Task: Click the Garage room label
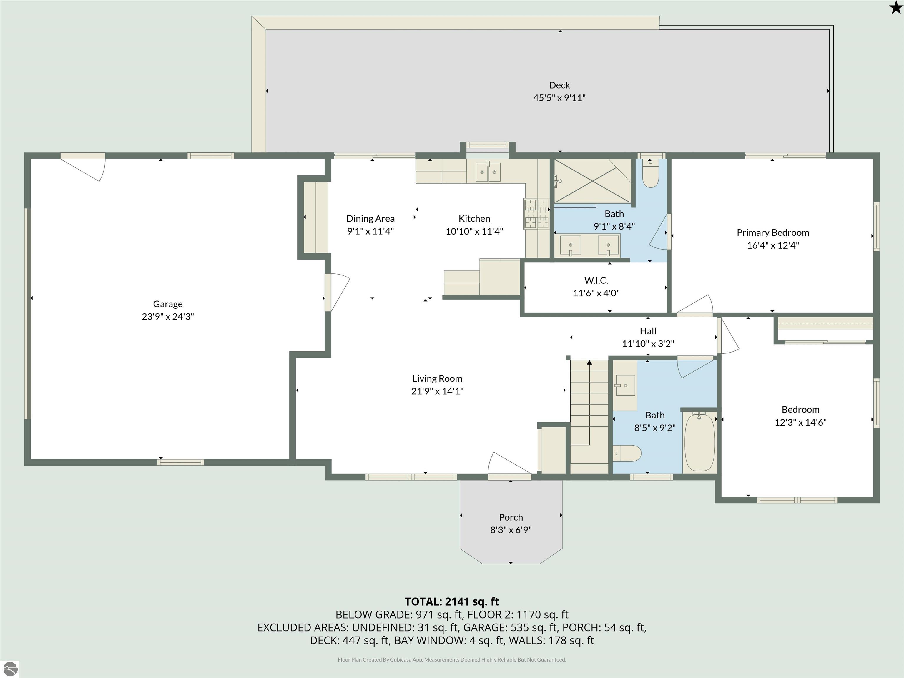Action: pos(167,304)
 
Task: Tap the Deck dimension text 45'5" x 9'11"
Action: pos(559,98)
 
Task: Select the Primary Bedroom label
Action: pos(773,232)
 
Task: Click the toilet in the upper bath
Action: pos(650,173)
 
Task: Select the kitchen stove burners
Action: pos(536,213)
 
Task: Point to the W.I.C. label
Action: pos(596,280)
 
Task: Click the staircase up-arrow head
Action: pos(589,362)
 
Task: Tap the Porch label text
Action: pos(511,517)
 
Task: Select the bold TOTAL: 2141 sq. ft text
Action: pos(452,601)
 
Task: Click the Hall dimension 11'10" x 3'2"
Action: pos(648,344)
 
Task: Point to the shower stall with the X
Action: pos(592,181)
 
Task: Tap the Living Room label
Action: pos(437,378)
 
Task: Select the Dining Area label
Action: pos(370,219)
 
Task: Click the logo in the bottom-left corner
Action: pos(10,669)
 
